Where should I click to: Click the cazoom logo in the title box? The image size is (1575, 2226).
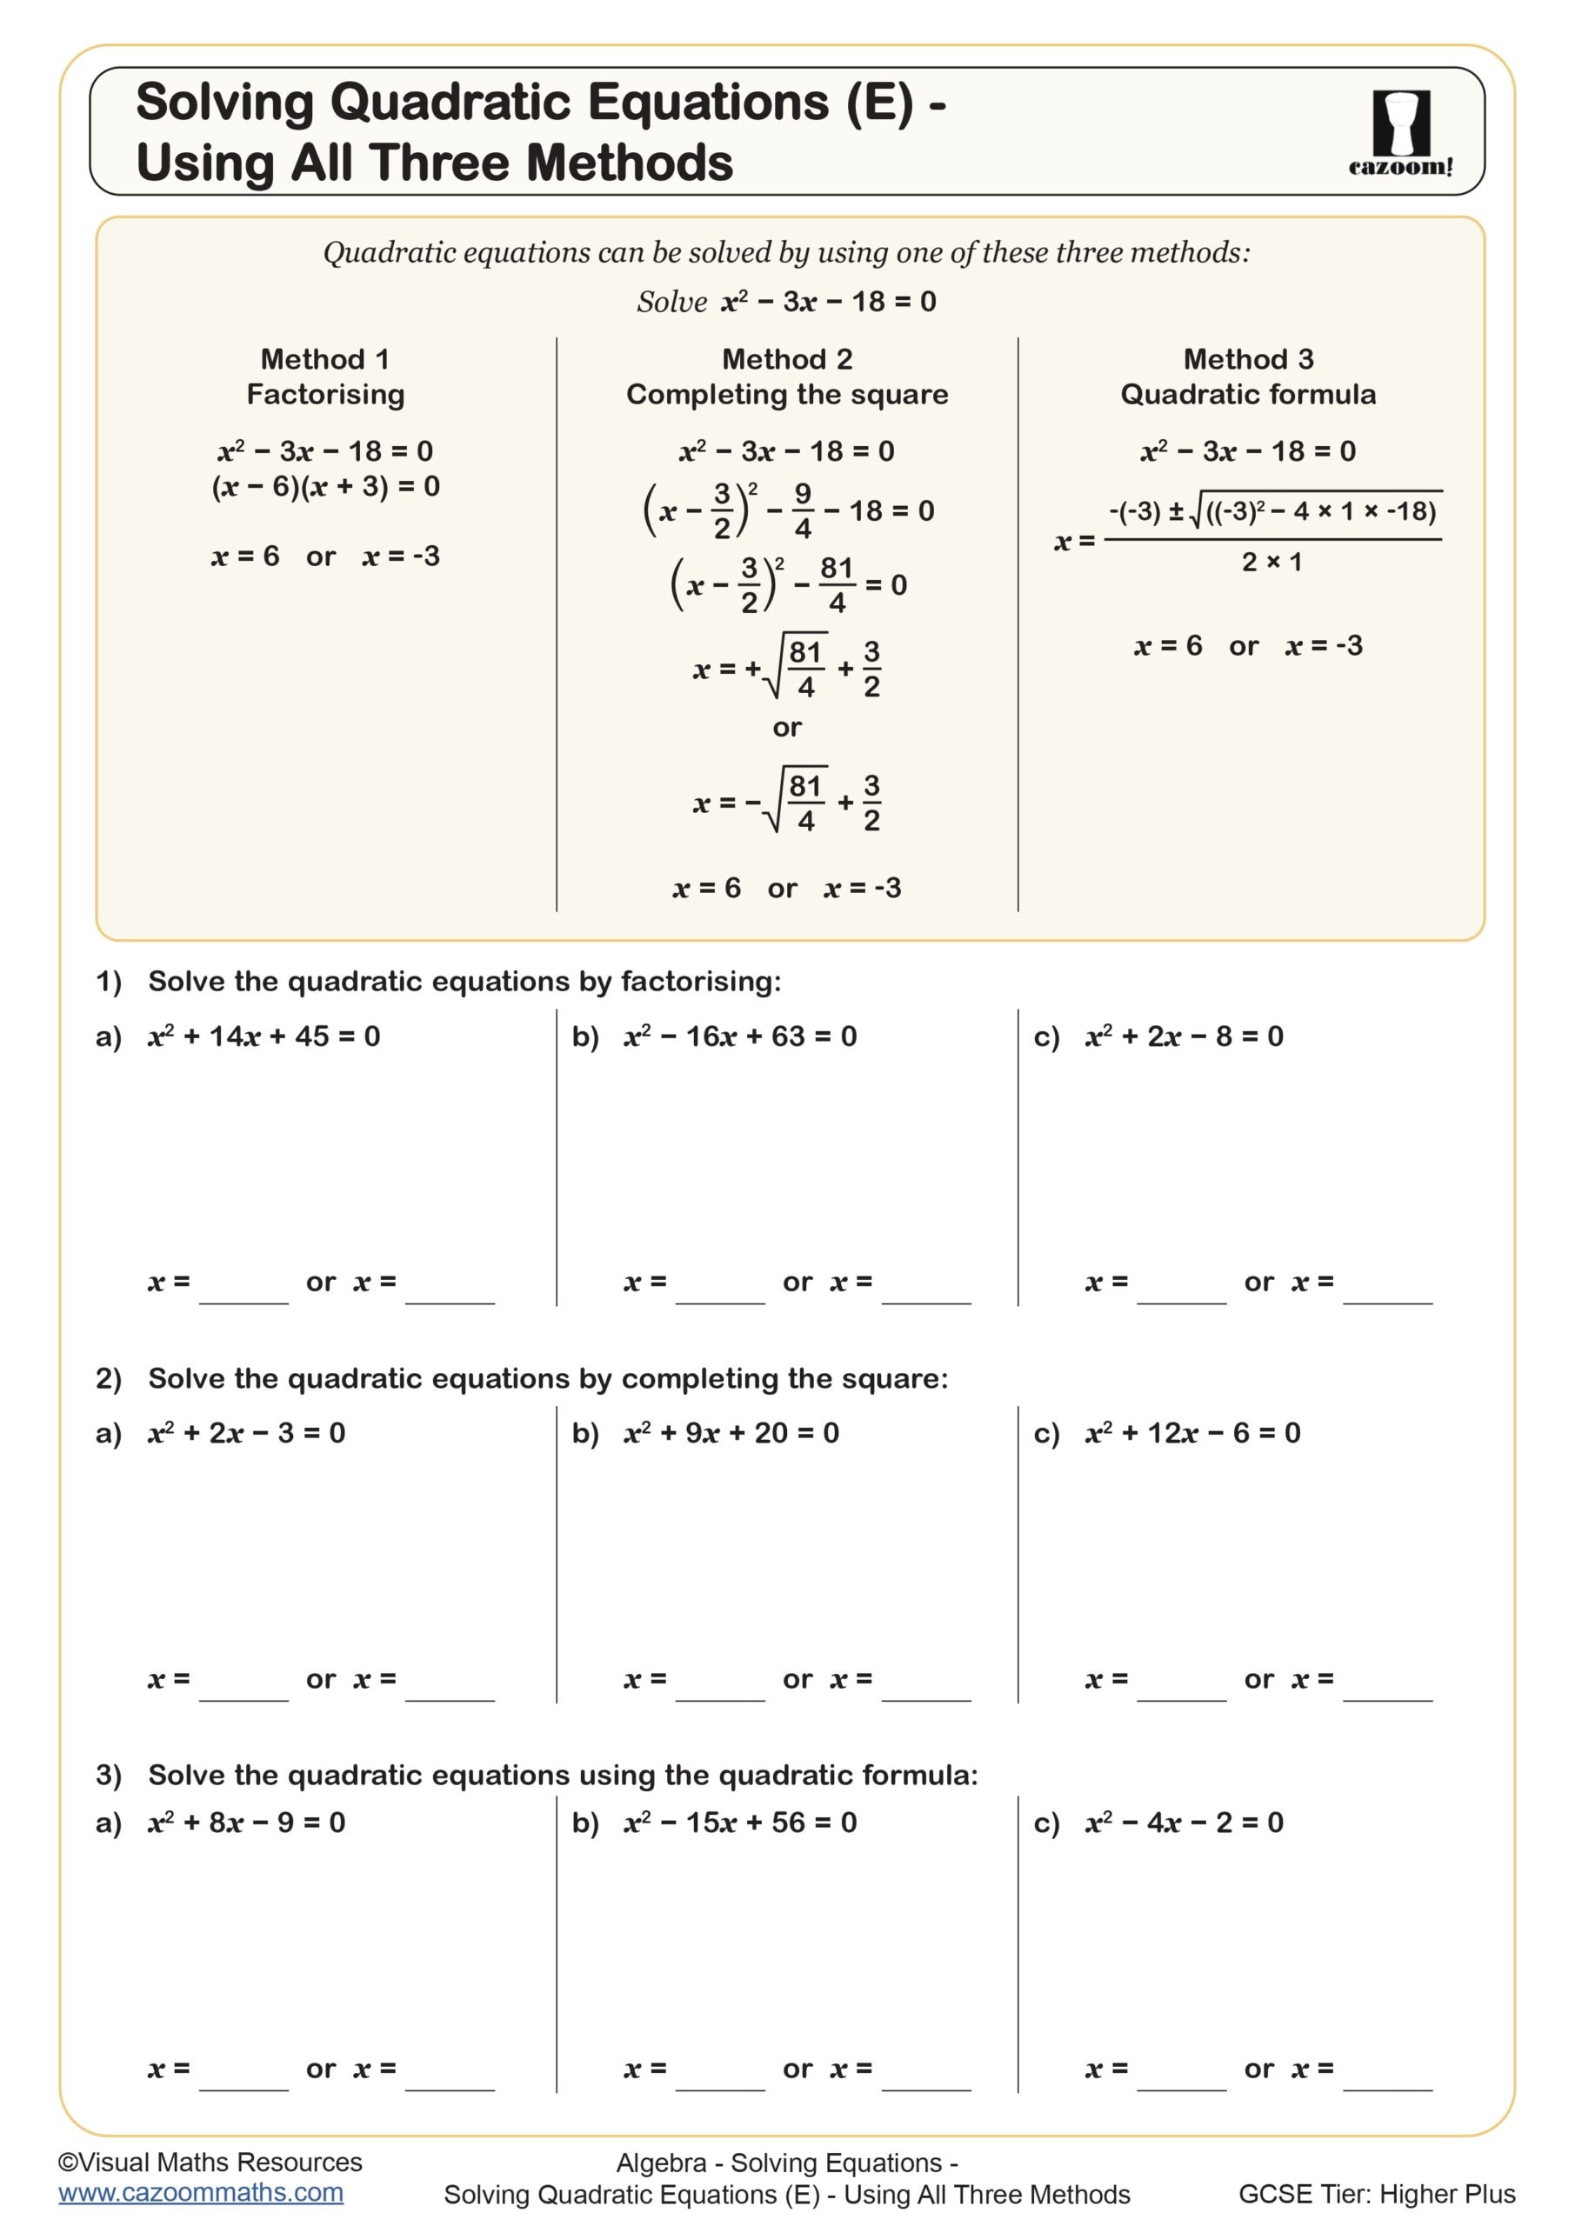click(1400, 132)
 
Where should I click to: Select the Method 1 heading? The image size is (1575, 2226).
click(325, 360)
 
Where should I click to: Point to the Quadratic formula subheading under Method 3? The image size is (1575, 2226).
click(1247, 395)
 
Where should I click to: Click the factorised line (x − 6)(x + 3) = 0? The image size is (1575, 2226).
click(325, 487)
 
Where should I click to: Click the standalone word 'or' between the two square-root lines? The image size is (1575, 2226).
click(786, 727)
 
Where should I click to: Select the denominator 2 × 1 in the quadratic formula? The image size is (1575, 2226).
click(1271, 563)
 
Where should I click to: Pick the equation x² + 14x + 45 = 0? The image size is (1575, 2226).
click(264, 1036)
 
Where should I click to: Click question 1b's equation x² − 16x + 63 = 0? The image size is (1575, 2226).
click(740, 1036)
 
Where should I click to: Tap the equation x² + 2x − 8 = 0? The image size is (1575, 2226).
click(1185, 1036)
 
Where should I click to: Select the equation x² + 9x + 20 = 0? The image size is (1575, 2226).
click(731, 1433)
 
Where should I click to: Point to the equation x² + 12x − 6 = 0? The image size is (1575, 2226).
click(1193, 1433)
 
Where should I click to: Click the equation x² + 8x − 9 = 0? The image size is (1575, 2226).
click(246, 1823)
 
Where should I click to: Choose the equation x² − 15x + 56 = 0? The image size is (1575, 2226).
click(740, 1823)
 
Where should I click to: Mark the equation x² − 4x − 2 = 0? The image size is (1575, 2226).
click(1185, 1823)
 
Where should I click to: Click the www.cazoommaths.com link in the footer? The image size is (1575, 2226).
click(201, 2192)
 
